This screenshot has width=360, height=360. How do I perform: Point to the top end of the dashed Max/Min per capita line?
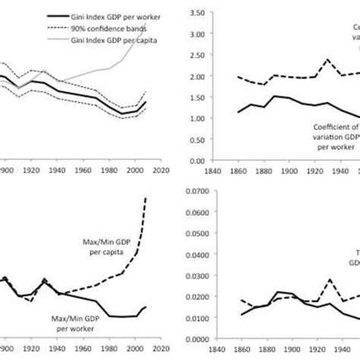(x=145, y=198)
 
